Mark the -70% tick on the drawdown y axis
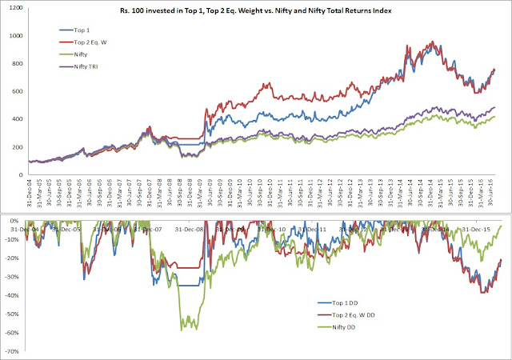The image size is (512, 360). tap(14, 352)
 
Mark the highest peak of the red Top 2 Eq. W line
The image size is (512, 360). tap(433, 42)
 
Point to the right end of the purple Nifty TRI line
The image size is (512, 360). tap(495, 106)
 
